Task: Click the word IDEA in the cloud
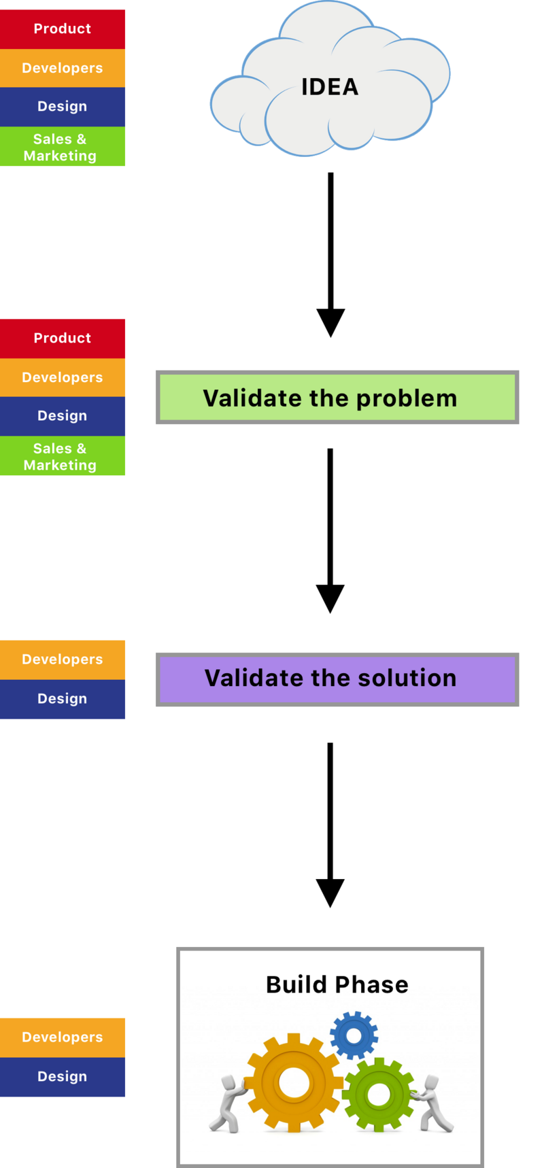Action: coord(330,87)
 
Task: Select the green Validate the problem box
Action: coord(337,398)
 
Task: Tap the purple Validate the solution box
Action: coord(337,679)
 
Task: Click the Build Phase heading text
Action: coord(337,984)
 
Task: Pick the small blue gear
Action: coord(354,1035)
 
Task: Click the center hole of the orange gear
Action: coord(294,1082)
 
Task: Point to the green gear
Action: coord(378,1094)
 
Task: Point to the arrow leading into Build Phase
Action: coord(330,823)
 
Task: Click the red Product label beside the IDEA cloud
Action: coord(63,29)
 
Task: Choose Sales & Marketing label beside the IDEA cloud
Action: coord(63,147)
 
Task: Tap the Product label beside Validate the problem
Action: coord(63,338)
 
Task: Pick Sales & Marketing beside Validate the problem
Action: coord(63,456)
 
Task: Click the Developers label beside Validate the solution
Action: coord(63,659)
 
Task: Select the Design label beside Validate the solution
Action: coord(63,699)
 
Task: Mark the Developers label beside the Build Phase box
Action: coord(63,1037)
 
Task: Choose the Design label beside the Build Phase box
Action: coord(63,1077)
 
